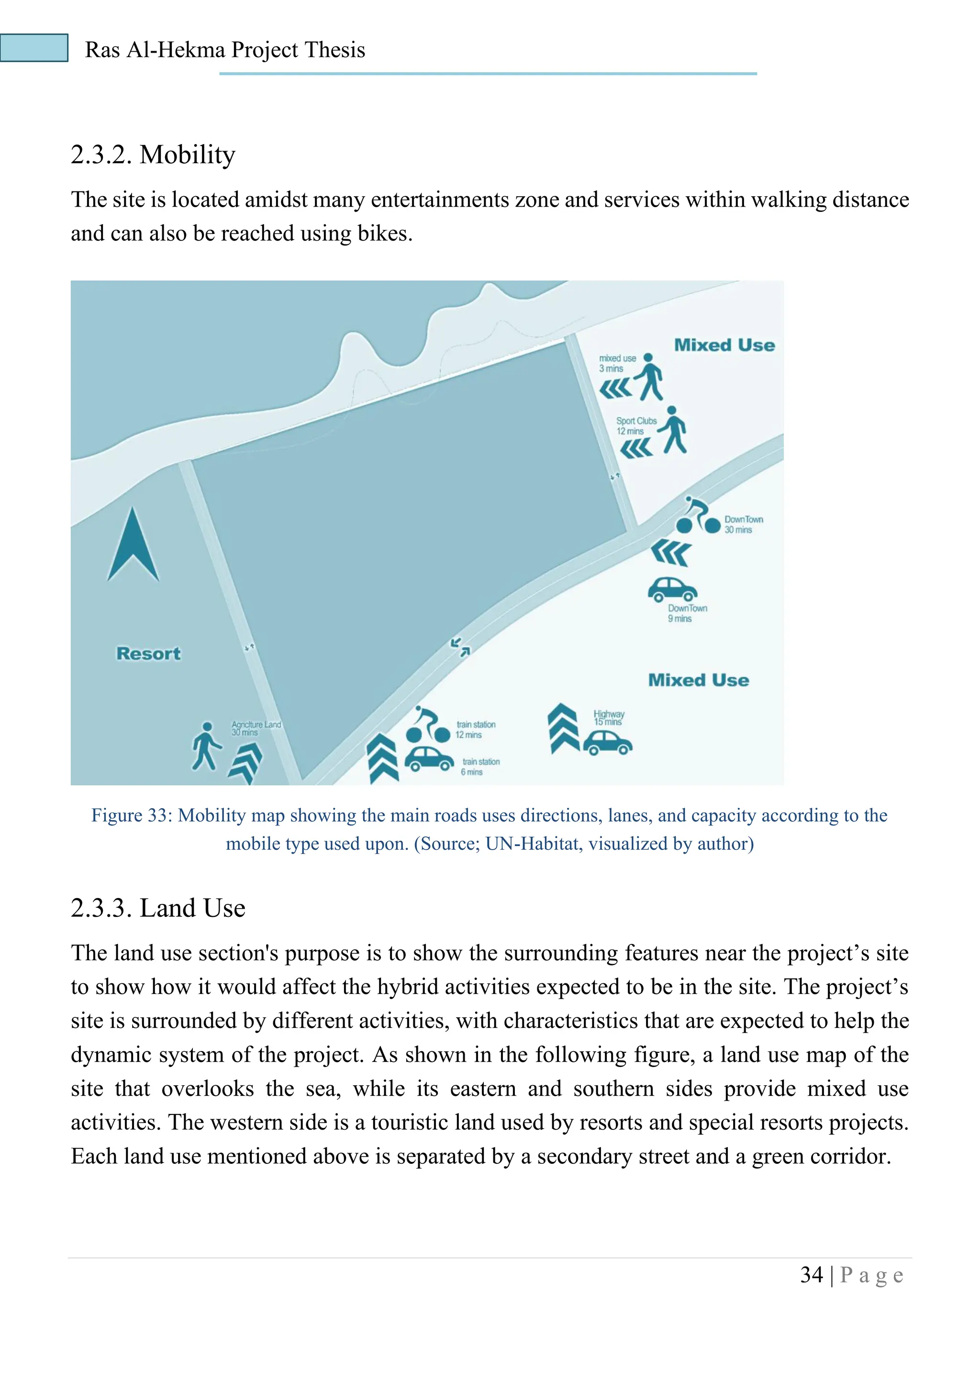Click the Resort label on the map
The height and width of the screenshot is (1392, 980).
click(148, 654)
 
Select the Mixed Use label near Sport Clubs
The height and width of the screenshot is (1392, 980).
click(724, 345)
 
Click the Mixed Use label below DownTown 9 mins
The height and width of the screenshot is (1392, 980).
click(698, 680)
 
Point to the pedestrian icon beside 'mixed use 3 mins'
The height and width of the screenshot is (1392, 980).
click(649, 377)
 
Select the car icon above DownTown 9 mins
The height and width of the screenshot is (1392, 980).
click(672, 590)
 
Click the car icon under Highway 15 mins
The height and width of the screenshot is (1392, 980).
click(608, 743)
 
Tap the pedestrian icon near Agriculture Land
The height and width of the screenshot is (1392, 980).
click(206, 746)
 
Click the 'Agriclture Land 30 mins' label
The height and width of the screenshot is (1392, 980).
click(256, 728)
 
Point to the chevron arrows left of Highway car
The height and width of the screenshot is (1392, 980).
click(563, 728)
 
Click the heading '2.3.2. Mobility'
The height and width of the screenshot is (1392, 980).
click(153, 155)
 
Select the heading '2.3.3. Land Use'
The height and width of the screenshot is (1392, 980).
click(158, 908)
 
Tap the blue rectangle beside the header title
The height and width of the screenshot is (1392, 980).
click(34, 48)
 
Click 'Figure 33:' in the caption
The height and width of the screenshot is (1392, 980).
click(132, 815)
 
